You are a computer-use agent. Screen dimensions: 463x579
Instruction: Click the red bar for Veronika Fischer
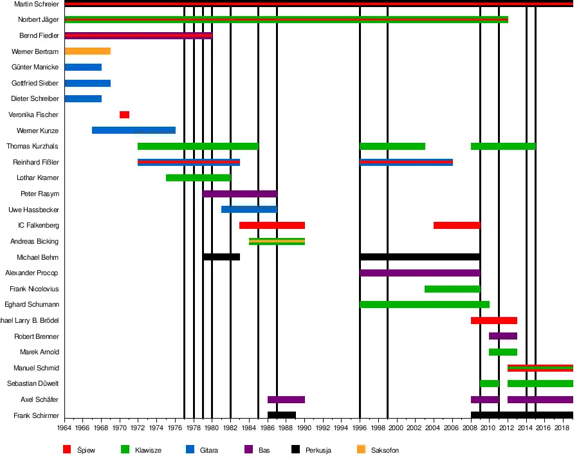[x=124, y=114]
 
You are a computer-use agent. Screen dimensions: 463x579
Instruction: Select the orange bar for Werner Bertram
[x=87, y=51]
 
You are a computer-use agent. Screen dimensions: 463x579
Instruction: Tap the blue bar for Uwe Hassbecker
[x=249, y=210]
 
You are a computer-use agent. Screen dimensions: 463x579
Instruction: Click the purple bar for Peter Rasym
[x=240, y=194]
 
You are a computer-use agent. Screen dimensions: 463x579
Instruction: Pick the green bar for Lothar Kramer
[x=198, y=178]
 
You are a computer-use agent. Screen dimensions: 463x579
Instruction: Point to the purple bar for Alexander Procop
[x=419, y=273]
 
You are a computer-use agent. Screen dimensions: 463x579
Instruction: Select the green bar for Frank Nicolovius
[x=452, y=289]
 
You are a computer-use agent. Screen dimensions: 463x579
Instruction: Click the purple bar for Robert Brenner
[x=502, y=336]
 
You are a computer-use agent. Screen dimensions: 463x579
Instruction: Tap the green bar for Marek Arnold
[x=502, y=352]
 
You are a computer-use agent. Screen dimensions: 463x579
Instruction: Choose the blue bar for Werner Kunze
[x=134, y=131]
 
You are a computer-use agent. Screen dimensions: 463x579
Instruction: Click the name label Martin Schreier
[x=36, y=5]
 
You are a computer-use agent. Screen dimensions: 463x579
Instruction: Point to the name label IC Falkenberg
[x=39, y=226]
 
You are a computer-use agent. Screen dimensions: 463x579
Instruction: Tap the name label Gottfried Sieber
[x=35, y=84]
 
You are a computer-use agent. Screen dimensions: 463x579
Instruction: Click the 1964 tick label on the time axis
[x=64, y=428]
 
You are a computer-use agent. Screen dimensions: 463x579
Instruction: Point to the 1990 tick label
[x=304, y=428]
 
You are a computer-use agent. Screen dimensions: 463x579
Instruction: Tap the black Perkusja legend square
[x=295, y=449]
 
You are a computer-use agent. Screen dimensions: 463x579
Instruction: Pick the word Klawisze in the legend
[x=148, y=450]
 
